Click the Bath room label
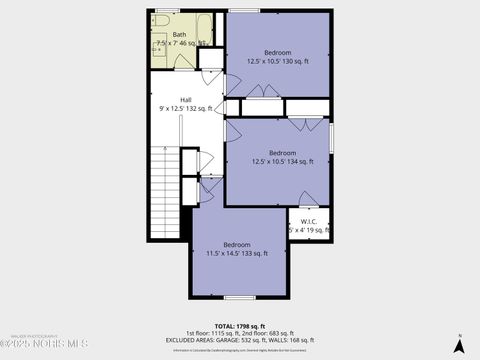(x=179, y=35)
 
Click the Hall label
(x=186, y=99)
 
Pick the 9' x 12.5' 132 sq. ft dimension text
(x=186, y=108)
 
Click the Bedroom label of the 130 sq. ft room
(x=277, y=52)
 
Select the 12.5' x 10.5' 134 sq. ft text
(x=283, y=161)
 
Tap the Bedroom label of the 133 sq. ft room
(x=237, y=245)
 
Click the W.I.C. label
(x=309, y=222)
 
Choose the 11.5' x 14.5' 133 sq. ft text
(x=237, y=254)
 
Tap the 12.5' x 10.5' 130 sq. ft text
(x=277, y=61)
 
